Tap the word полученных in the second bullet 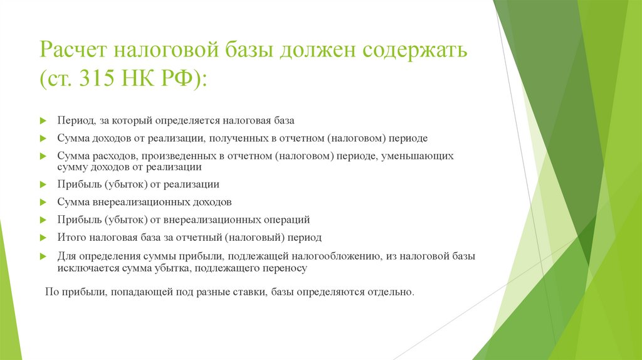[241, 137]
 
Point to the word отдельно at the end [392, 292]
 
